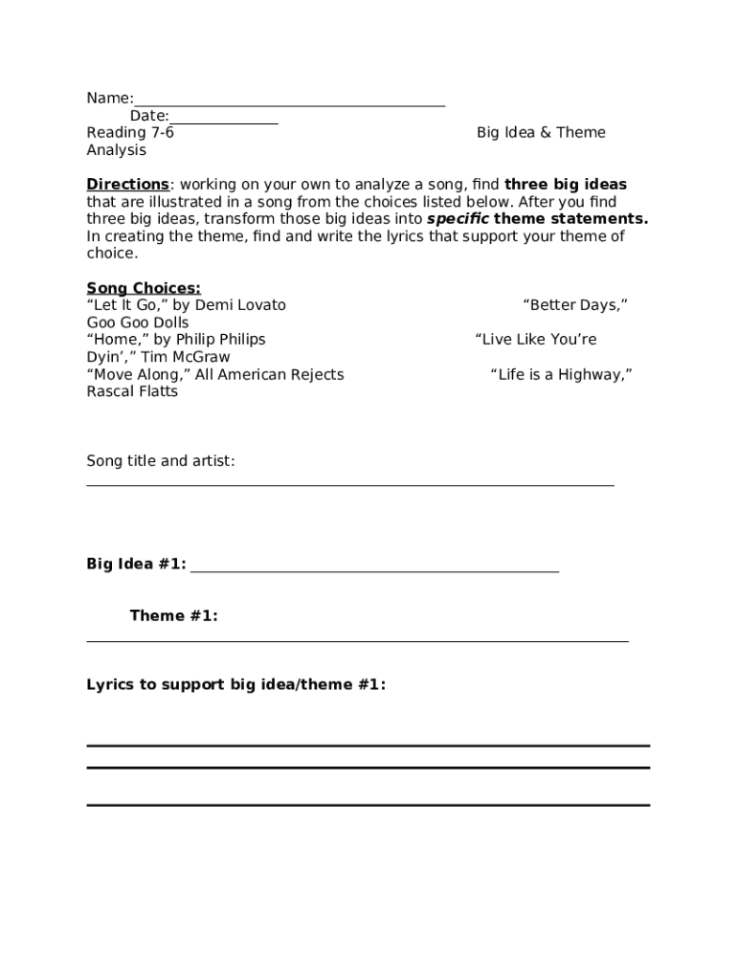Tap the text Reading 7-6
point(130,133)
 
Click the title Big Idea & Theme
point(541,133)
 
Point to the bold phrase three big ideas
point(566,185)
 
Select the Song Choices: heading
point(144,288)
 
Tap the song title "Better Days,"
point(574,305)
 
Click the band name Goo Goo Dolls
point(138,323)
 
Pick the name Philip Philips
point(221,340)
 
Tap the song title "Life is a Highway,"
point(561,374)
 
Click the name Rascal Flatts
point(132,391)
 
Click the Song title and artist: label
point(161,461)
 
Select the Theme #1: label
point(173,616)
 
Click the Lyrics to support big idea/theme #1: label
point(236,685)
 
